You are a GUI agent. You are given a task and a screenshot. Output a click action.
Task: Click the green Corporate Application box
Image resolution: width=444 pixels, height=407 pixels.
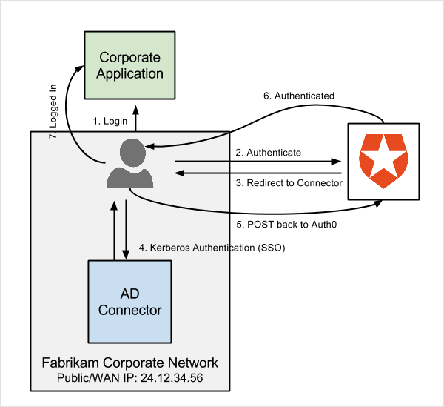point(131,65)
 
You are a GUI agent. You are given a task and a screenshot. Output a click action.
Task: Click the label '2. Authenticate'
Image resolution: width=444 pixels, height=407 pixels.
point(268,152)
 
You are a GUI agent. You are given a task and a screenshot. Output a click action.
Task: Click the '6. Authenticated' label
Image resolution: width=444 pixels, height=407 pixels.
point(299,96)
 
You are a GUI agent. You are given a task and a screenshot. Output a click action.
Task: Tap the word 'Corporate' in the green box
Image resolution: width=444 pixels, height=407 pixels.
point(131,57)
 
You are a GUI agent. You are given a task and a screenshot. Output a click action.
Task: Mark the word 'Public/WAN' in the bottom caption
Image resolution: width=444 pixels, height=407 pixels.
point(86,377)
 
